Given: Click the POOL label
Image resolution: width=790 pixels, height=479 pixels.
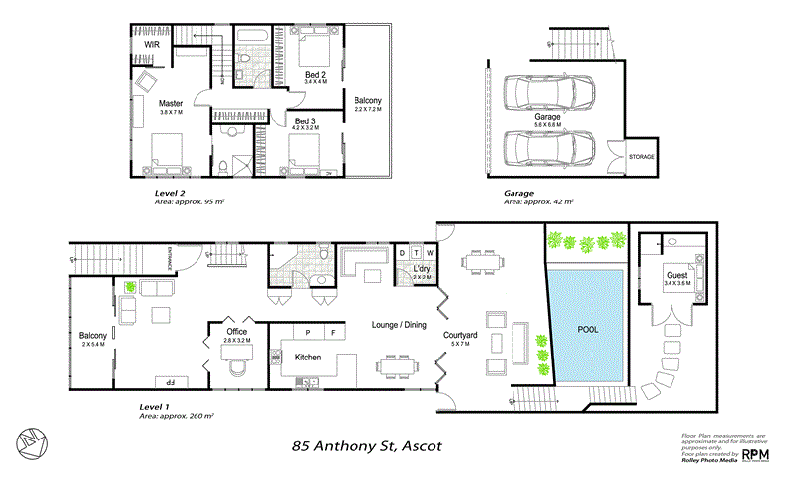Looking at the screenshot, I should point(589,329).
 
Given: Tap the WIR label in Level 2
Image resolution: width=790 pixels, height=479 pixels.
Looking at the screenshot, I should point(152,44).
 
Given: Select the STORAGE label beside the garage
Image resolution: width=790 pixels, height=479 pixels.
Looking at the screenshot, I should point(642,157).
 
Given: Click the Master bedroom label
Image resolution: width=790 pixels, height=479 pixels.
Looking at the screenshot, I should point(172,103).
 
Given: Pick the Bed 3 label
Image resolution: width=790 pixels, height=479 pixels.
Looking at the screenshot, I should point(305,120).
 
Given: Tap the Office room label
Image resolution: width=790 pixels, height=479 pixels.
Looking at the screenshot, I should point(236,331).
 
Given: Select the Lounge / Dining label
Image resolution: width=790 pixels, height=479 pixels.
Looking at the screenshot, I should point(398,324).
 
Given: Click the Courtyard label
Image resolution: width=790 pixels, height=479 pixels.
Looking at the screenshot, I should point(461,337).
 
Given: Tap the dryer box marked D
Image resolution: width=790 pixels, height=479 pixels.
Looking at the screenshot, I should point(402,253).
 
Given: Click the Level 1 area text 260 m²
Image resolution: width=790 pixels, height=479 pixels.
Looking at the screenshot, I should point(196,416).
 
